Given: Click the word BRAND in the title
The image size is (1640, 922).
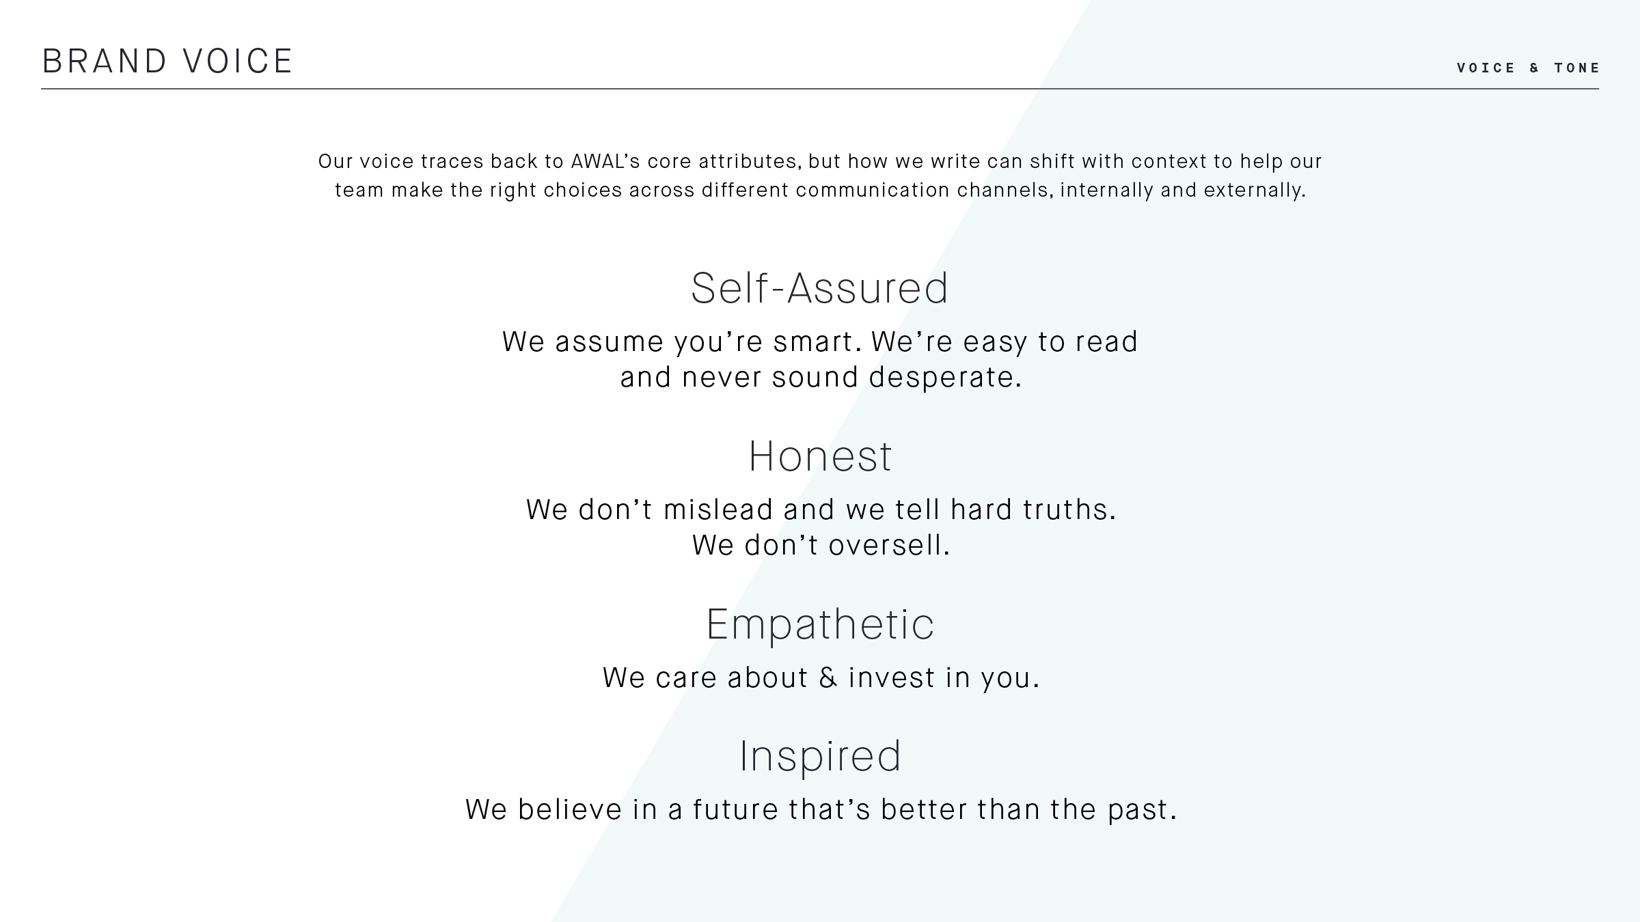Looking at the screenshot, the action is click(105, 61).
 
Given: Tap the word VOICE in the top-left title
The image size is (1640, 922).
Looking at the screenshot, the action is click(238, 61).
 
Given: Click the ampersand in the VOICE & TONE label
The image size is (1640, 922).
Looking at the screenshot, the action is click(1535, 68).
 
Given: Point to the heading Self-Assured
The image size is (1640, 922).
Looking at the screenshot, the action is click(819, 288).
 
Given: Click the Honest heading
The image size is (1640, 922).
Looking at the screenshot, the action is click(820, 456).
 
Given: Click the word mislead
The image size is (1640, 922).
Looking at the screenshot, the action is click(718, 510).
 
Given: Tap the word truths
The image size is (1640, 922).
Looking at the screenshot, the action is click(1069, 510).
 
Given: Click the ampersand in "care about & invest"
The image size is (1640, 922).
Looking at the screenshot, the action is click(828, 677).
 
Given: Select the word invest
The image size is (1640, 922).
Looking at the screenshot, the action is click(892, 677).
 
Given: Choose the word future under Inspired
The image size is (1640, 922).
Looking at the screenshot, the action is click(736, 810).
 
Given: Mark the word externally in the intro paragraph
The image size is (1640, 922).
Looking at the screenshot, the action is click(1255, 191).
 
